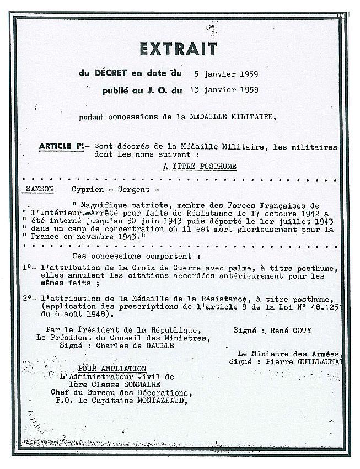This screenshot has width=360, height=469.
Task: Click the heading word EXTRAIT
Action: [178, 49]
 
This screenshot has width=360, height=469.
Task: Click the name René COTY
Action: [287, 331]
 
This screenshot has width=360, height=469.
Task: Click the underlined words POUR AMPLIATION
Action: [112, 369]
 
